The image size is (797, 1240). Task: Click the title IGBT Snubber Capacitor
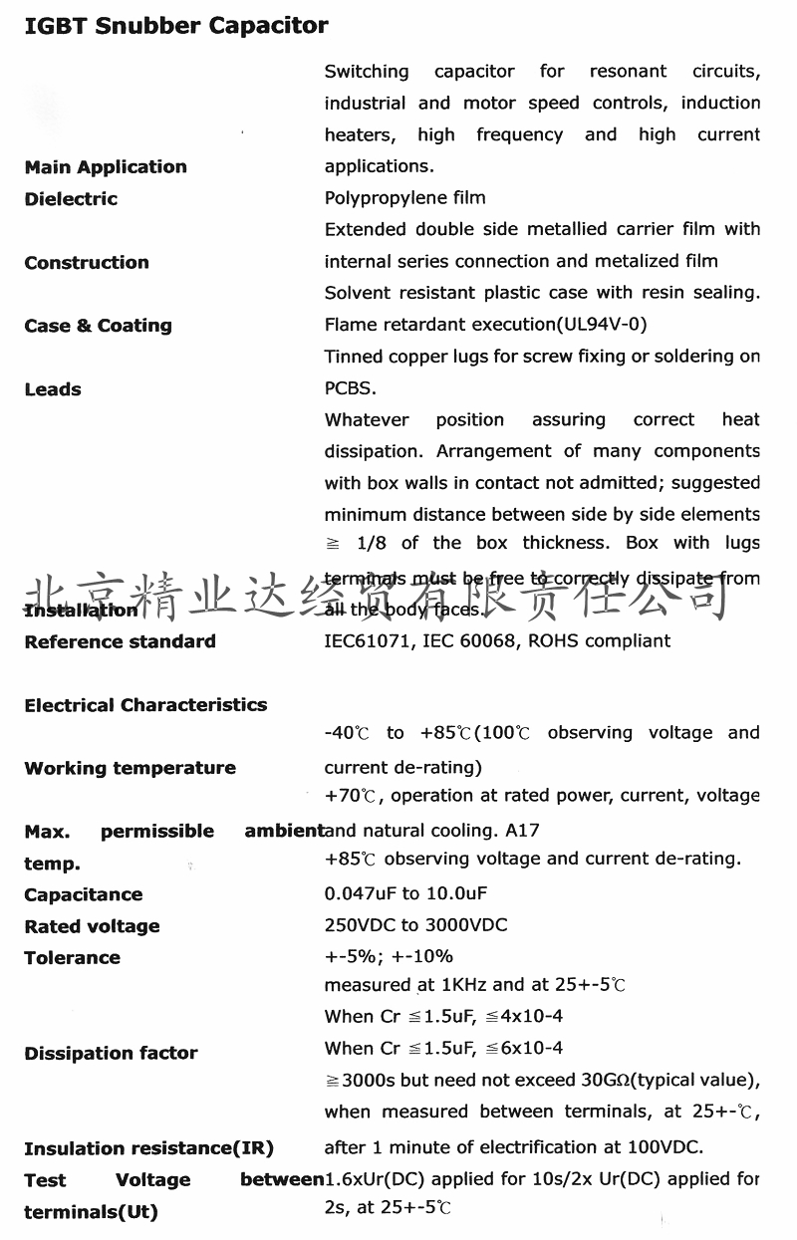(176, 26)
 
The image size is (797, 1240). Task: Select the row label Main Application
(106, 167)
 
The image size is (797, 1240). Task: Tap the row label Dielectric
(71, 199)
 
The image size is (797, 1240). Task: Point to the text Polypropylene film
(405, 198)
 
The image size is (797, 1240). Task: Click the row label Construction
(87, 263)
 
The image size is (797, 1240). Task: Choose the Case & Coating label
(98, 326)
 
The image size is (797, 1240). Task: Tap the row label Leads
(53, 389)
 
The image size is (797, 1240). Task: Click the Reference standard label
(120, 641)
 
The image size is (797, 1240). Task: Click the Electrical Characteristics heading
(145, 705)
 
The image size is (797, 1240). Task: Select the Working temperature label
(130, 768)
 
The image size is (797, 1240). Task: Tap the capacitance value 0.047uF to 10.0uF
(406, 894)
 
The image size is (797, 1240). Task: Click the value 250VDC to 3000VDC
(416, 925)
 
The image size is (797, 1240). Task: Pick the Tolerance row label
(72, 958)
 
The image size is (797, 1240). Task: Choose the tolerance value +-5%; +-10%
(389, 957)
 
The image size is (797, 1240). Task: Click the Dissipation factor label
(111, 1053)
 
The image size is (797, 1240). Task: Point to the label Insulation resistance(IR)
(148, 1148)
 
